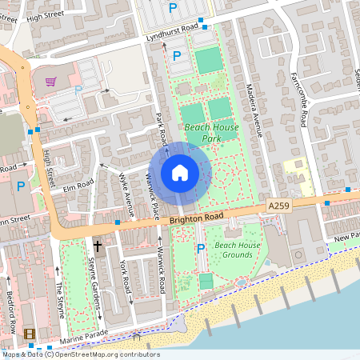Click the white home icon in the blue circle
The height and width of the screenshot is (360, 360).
(x=180, y=172)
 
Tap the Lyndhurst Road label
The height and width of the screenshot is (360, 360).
(x=171, y=33)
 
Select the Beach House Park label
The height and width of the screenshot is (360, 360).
(x=211, y=133)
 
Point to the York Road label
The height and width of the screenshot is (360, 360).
(x=124, y=276)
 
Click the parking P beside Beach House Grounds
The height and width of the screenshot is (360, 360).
(x=201, y=249)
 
